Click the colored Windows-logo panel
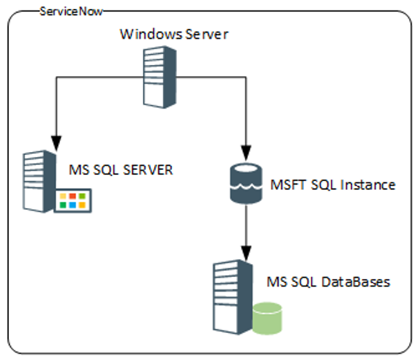click(73, 200)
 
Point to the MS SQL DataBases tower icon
click(230, 293)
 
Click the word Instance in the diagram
click(372, 185)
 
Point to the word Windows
click(143, 35)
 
